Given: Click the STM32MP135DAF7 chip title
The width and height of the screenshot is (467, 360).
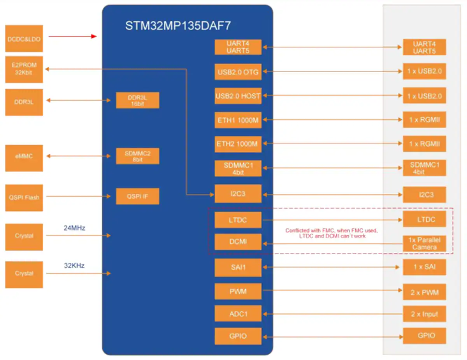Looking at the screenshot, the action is coord(178,26).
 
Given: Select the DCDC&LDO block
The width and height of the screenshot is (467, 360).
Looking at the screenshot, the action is coord(24,38).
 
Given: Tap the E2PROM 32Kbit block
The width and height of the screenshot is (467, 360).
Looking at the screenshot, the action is coord(24,70).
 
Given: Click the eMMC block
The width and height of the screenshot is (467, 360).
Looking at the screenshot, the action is coord(24,158).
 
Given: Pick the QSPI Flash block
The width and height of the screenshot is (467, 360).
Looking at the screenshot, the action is coord(24,198).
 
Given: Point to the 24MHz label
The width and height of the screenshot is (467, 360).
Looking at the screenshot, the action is coord(74,228).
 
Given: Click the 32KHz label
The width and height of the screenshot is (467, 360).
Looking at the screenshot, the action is coord(74,266).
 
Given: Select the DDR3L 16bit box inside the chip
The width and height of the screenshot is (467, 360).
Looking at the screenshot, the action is coord(137,100).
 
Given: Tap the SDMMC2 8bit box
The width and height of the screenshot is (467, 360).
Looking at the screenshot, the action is coord(137,156).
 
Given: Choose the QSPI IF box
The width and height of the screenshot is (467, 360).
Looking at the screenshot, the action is coord(137,196).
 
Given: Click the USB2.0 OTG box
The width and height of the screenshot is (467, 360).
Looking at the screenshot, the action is coord(238,72).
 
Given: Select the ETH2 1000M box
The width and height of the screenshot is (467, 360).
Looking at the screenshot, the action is coord(238,144).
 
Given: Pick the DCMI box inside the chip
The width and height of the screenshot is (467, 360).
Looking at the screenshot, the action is coord(238,242).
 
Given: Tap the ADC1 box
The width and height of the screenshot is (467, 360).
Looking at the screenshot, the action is coord(238,313).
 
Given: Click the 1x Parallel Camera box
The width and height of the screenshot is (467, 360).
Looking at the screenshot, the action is coord(425,244).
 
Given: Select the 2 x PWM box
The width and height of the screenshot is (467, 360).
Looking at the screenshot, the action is coord(425,292).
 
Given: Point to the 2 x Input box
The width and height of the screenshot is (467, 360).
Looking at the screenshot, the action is coord(425,314).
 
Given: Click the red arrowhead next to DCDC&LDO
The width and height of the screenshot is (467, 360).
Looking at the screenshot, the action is coord(94,36).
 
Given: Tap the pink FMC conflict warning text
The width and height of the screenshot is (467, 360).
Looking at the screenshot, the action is coord(332,233).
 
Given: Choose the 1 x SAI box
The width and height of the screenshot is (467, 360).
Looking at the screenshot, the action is coord(425,267).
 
